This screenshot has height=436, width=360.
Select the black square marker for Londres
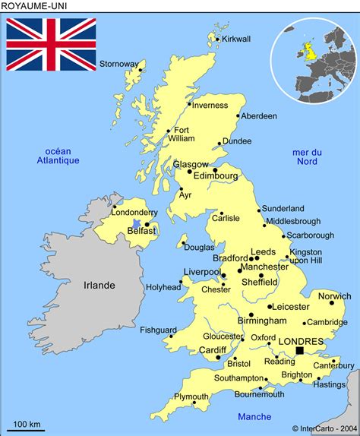coord(301,350)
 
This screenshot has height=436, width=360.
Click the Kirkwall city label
coord(236,39)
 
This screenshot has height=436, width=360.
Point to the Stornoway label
coord(119,63)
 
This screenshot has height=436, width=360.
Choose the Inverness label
coord(210,105)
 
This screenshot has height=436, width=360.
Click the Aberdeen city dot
coord(238,116)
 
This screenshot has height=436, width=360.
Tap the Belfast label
coord(142,231)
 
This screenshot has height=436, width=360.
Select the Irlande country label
coord(99,285)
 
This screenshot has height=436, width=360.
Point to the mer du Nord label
coord(307,156)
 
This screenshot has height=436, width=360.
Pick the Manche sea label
coord(254,416)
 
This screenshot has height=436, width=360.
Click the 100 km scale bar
coord(27,430)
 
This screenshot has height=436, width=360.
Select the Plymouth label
coord(191,397)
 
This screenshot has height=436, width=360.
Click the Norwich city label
coord(335,295)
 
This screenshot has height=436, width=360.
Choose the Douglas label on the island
coord(199,247)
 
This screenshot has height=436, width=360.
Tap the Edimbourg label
coord(216,175)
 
